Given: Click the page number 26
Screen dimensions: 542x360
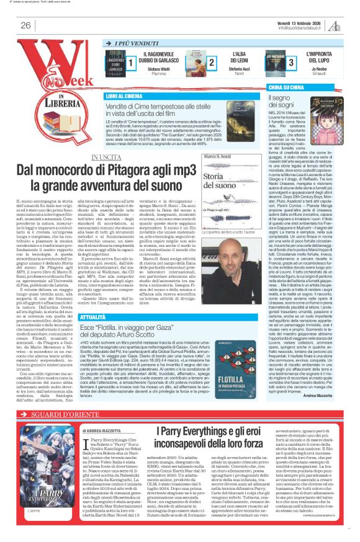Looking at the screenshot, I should pyautogui.click(x=25, y=25).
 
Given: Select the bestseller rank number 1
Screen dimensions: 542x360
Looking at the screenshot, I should pyautogui.click(x=131, y=63).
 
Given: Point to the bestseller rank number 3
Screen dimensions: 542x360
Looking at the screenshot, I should pyautogui.click(x=290, y=63).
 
